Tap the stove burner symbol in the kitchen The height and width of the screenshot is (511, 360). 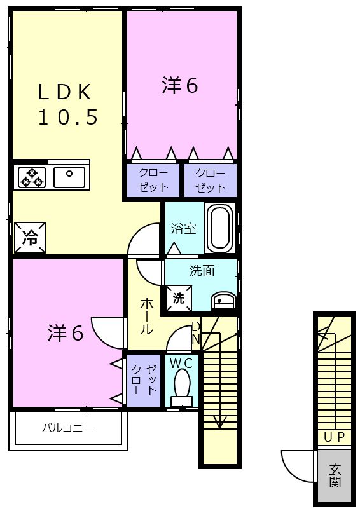31,176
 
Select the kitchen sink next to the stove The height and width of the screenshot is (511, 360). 69,176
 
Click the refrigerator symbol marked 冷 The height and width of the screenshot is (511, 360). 30,237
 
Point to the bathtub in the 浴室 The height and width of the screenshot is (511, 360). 220,228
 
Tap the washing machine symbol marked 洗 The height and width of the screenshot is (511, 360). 179,297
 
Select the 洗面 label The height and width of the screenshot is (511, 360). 202,271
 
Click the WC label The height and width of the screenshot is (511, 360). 182,362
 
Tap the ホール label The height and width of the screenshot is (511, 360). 146,317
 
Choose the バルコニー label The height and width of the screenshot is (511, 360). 67,428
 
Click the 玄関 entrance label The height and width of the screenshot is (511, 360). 335,475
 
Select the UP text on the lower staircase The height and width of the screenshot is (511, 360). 334,437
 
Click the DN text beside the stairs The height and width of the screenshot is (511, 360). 196,333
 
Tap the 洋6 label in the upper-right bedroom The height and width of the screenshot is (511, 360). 180,86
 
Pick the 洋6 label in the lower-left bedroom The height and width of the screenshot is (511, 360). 66,333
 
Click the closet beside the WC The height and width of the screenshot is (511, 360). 144,379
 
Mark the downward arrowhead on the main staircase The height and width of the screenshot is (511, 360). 219,423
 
